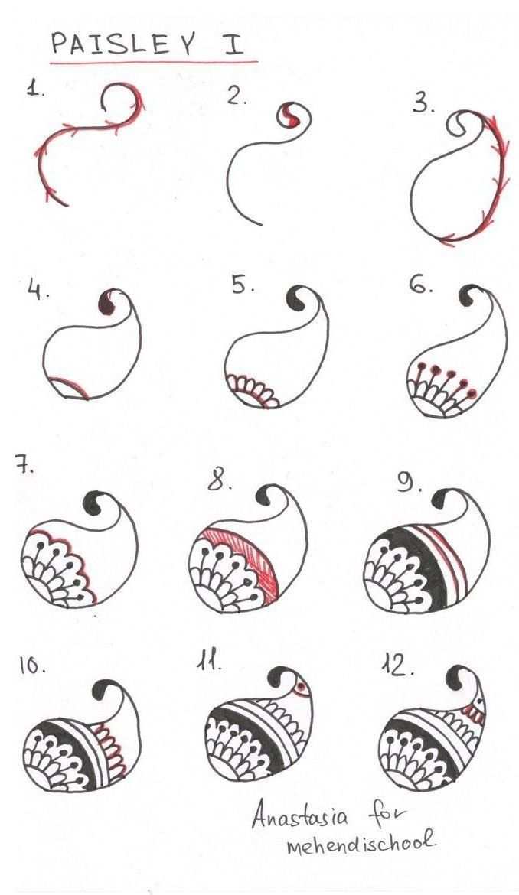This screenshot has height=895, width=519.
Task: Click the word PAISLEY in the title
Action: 123,44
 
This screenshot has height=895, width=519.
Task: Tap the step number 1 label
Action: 34,89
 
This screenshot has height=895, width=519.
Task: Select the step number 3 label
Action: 423,104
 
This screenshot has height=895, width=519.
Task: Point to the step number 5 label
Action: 243,286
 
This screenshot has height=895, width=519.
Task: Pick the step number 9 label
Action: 410,484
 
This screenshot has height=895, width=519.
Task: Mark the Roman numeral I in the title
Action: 233,44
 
